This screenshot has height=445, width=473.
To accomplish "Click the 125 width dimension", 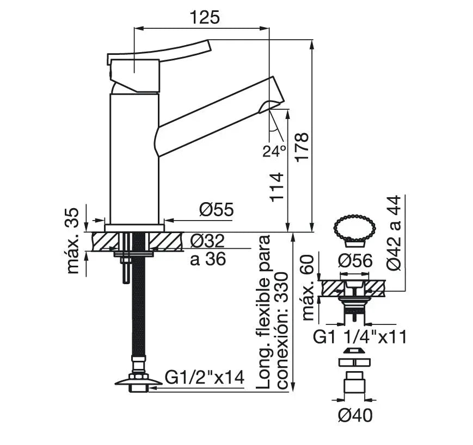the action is pos(205,17).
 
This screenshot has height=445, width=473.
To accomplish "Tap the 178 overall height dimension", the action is pos(302,148).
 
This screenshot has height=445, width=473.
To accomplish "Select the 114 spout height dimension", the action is pos(277,187).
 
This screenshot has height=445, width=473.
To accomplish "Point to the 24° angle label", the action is pos(274,151).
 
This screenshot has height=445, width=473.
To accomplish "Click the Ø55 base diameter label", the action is pos(216,209).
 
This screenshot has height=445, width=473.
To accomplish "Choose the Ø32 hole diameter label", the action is pos(207,241).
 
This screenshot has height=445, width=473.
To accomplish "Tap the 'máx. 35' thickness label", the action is pos(72,241).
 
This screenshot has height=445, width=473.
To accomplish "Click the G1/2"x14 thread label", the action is pos(205,377).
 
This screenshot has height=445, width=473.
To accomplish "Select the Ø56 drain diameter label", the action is pos(355,261).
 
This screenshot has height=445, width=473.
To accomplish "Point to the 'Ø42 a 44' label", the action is pos(394,233).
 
